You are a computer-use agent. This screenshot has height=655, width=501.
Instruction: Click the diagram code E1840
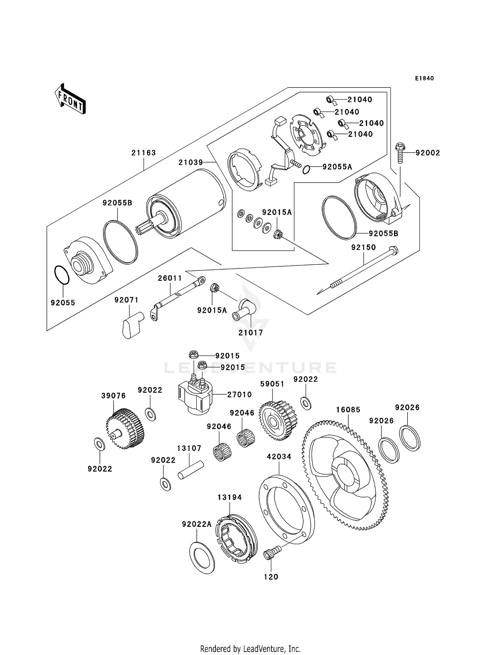(x=424, y=78)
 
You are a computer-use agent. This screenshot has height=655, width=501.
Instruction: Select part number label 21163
(x=144, y=153)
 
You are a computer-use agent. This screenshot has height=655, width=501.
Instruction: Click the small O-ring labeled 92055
(x=62, y=275)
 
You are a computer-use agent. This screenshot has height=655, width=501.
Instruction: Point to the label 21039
(x=191, y=163)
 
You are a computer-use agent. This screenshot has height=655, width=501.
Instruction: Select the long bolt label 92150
(x=363, y=247)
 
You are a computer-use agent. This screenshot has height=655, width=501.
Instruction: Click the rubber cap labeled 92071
(x=131, y=325)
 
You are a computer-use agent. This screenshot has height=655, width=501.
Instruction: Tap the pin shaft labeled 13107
(x=191, y=470)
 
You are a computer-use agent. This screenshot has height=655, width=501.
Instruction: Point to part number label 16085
(x=348, y=410)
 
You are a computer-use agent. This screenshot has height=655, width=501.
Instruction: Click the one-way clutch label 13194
(x=229, y=497)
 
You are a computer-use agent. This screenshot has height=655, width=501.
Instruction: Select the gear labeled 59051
(x=278, y=421)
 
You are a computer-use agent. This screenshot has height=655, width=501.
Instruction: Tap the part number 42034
(x=279, y=457)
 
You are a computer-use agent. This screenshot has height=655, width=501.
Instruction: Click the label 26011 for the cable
(x=170, y=278)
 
